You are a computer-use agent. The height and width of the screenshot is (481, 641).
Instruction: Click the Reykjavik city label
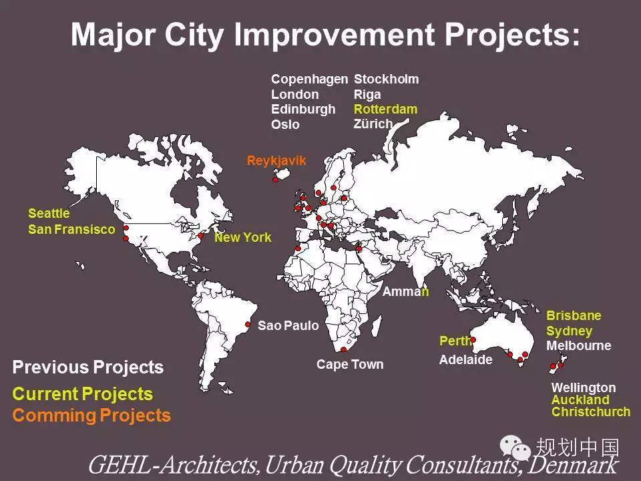click(276, 161)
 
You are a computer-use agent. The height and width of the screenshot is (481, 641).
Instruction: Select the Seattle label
click(49, 213)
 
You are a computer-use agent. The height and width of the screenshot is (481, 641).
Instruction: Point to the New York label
click(243, 237)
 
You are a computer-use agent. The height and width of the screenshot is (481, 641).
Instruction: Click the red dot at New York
click(201, 236)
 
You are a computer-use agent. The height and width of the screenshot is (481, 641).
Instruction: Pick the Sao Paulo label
click(288, 325)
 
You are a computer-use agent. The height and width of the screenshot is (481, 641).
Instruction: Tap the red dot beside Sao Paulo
click(248, 325)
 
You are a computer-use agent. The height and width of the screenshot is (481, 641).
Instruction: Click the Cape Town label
click(350, 364)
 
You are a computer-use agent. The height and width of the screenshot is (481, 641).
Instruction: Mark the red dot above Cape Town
click(343, 349)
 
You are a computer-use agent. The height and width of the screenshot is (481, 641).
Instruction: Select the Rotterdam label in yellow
click(385, 109)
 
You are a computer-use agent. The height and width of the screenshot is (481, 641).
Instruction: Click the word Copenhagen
click(309, 79)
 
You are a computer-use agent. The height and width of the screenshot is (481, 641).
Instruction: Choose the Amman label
click(405, 291)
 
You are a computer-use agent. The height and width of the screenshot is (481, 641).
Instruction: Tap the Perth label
click(455, 341)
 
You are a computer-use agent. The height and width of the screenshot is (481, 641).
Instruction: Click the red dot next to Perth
click(473, 339)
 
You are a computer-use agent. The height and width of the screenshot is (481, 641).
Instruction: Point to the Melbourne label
click(579, 345)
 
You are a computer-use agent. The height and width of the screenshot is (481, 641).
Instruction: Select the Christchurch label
click(591, 412)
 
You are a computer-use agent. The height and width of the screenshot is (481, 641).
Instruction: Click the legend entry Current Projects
click(83, 394)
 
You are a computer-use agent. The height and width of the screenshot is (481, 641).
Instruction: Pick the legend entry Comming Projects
click(91, 416)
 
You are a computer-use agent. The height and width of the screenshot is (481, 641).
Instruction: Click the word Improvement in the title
click(335, 35)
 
